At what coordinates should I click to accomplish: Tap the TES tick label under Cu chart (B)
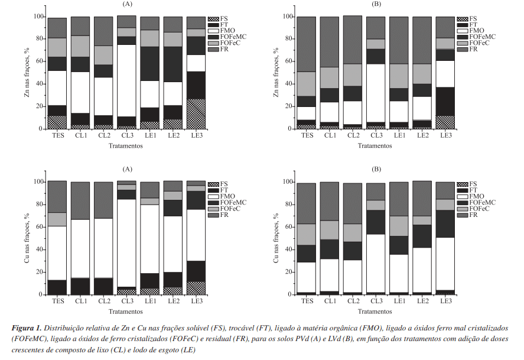click(x=307, y=301)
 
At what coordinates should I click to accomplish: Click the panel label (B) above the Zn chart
click(x=377, y=4)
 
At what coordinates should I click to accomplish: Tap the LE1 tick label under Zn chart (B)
click(x=399, y=136)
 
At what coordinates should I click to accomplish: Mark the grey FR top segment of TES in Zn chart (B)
click(x=307, y=44)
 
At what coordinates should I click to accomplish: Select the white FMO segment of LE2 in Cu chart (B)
click(x=422, y=270)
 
